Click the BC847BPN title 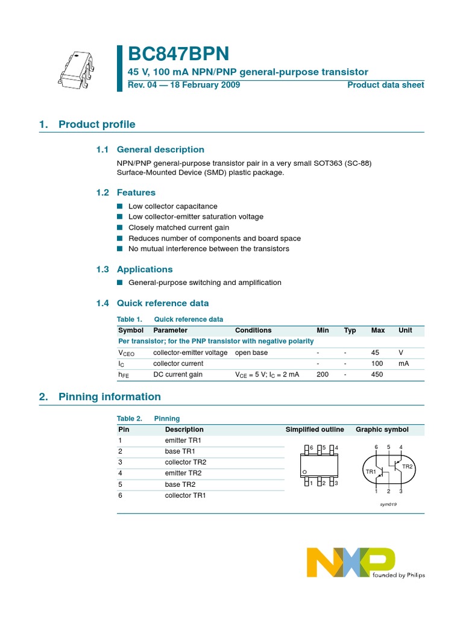[178, 54]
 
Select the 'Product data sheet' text [385, 85]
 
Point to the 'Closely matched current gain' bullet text [178, 228]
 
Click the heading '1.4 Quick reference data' [153, 303]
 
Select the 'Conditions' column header [253, 330]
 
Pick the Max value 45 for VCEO [375, 352]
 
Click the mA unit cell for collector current [403, 363]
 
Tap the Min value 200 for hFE [323, 374]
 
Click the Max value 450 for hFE [377, 374]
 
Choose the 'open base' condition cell [251, 352]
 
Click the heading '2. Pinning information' [109, 396]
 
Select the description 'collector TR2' [186, 462]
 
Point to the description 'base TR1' [179, 451]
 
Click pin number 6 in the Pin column [121, 495]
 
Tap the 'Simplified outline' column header [315, 430]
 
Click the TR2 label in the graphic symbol [408, 467]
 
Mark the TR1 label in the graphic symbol [370, 471]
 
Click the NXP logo [351, 562]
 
